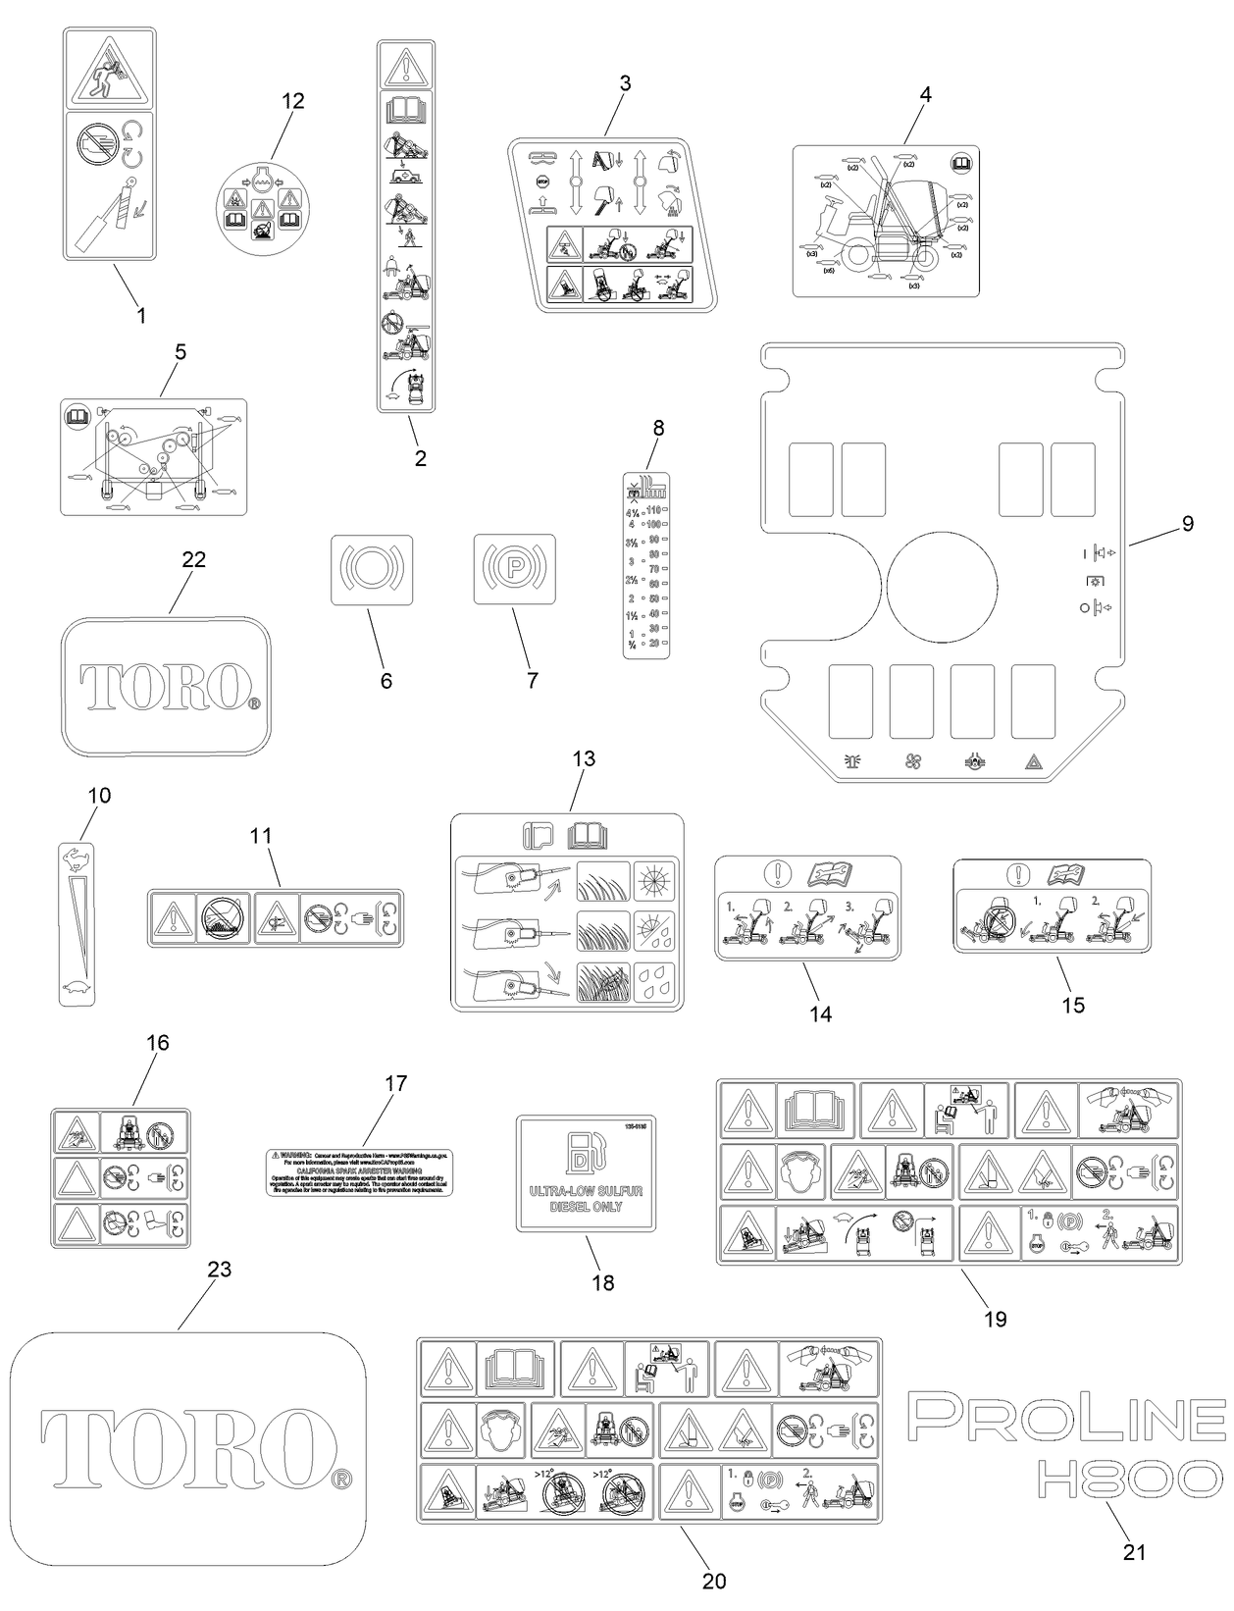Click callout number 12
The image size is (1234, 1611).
tap(293, 100)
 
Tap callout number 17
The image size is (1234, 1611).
tap(395, 1083)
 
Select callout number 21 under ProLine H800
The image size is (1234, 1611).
tap(1134, 1551)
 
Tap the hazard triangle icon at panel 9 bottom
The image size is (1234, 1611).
tap(1033, 760)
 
